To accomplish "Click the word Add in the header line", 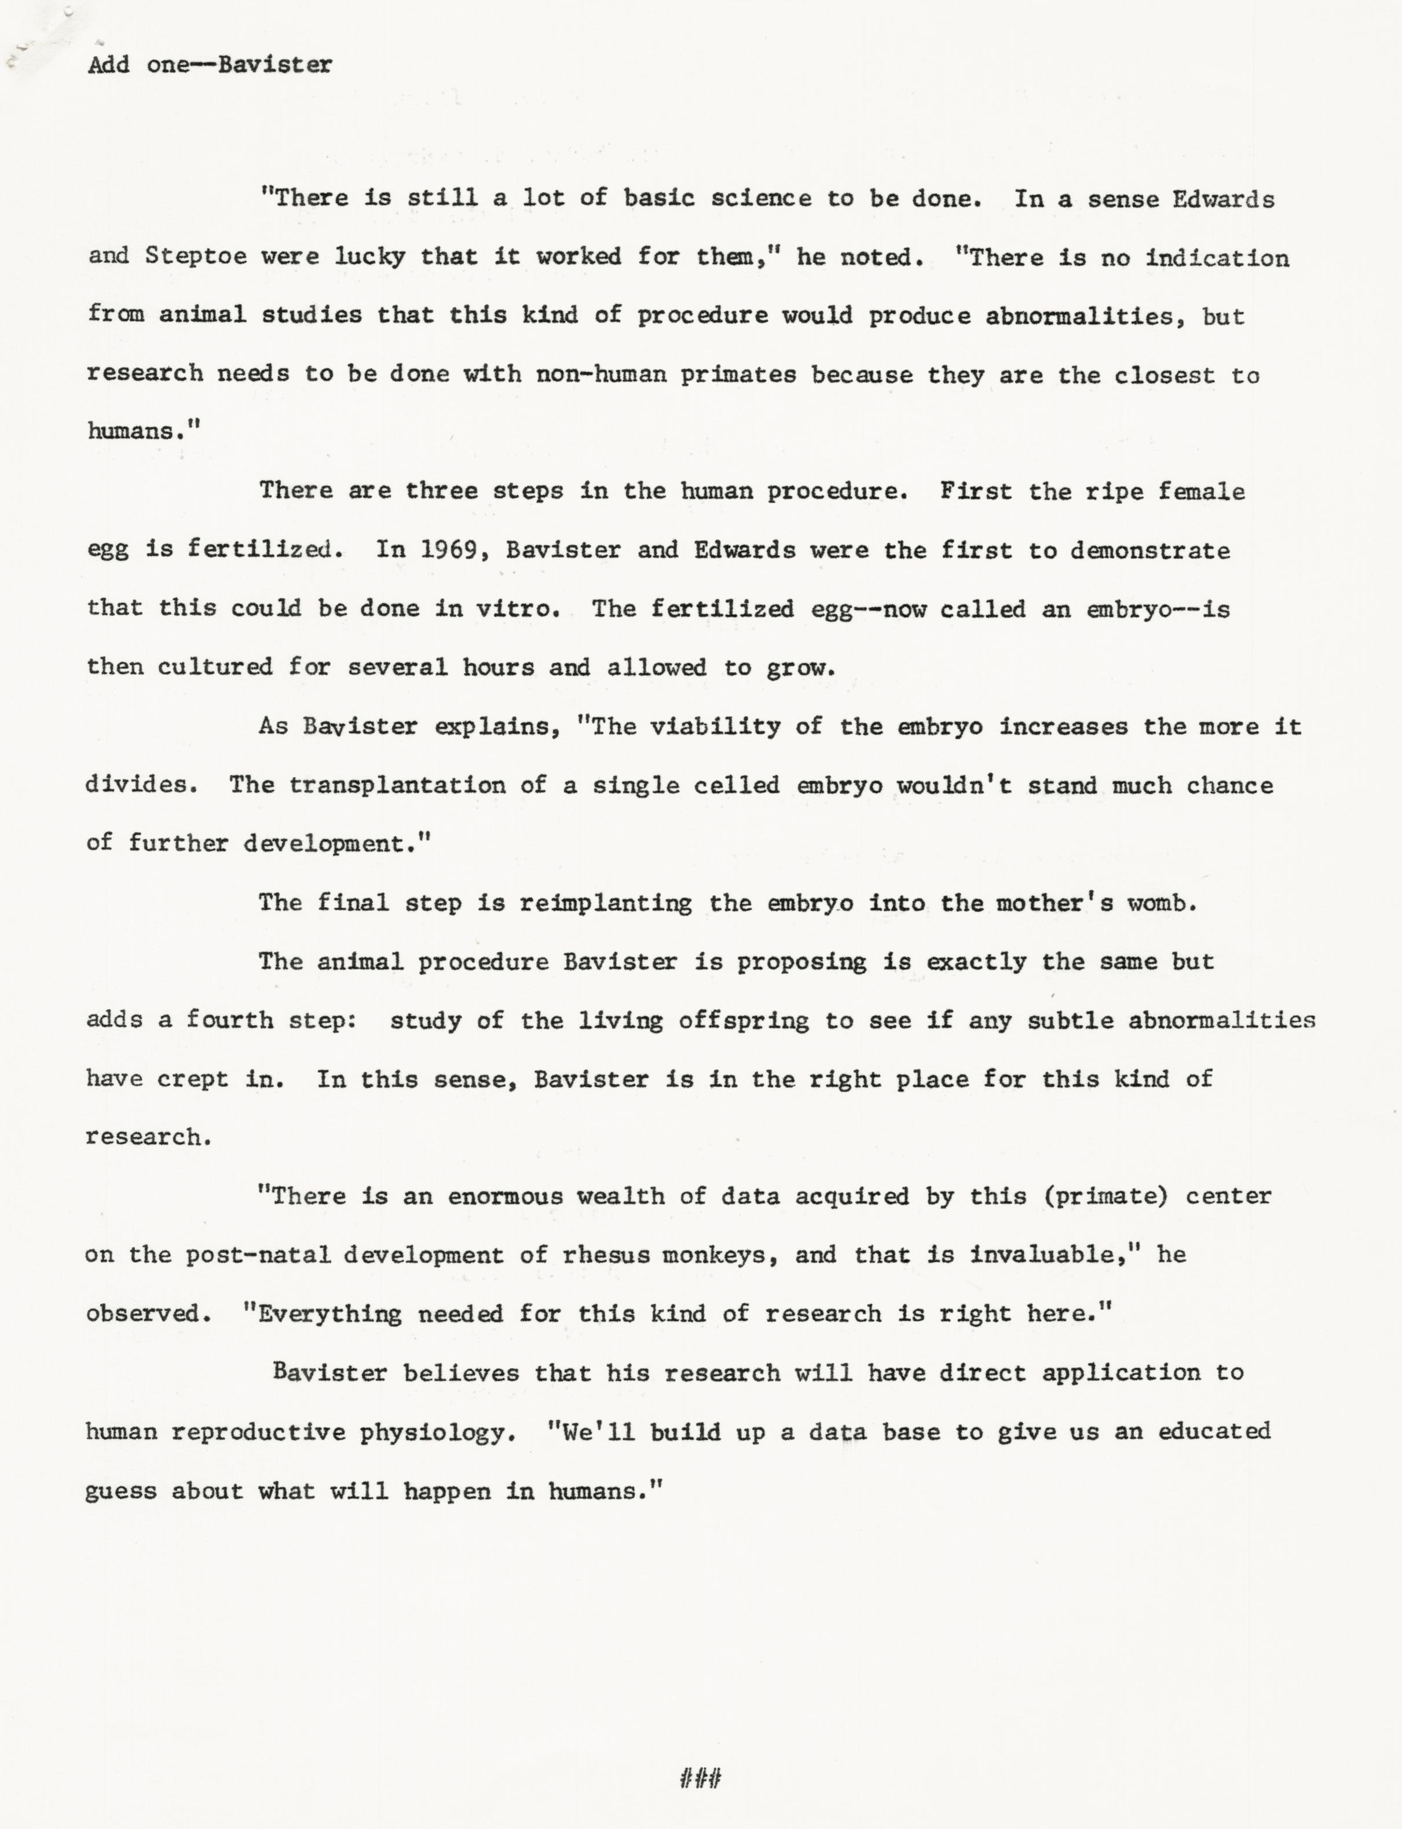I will pos(108,64).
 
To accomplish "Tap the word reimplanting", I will pos(606,903).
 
